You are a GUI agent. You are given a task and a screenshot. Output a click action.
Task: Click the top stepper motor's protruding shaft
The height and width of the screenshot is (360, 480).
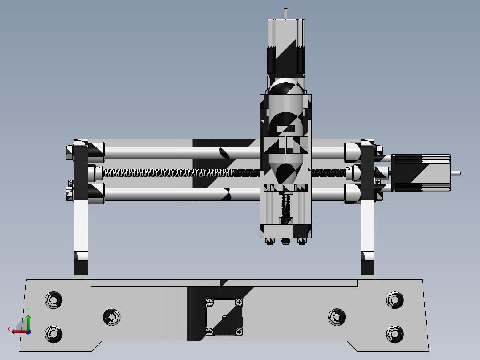[x=286, y=13]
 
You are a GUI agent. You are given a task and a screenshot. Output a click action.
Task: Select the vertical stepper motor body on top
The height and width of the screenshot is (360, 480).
[x=286, y=47]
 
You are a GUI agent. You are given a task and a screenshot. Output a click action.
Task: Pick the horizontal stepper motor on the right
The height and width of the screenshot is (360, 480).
[x=421, y=173]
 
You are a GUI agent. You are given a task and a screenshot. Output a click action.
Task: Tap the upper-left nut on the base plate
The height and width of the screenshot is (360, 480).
[x=53, y=299]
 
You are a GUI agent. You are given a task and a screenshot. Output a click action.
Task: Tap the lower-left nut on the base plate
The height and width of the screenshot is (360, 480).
[x=53, y=334]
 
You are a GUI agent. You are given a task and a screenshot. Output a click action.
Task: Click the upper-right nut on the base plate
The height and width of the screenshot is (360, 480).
[x=395, y=299]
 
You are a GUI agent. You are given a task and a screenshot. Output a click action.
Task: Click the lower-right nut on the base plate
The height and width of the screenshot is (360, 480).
[x=395, y=334]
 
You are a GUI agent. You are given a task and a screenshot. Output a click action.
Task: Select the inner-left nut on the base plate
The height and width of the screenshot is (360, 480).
[x=111, y=317]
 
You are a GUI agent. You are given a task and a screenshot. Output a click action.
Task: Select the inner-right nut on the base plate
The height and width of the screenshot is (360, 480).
[x=337, y=317]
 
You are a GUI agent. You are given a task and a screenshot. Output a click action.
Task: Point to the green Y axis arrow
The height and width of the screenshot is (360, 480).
[x=28, y=320]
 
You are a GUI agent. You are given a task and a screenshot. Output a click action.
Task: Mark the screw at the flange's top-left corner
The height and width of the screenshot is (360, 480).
[x=209, y=303]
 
